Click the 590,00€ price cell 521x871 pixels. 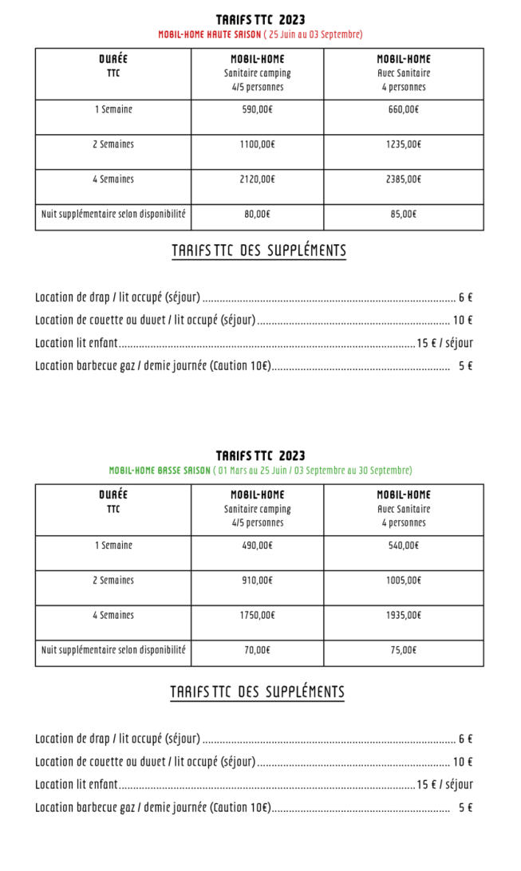click(257, 110)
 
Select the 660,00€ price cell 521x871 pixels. click(403, 110)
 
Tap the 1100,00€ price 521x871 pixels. click(257, 145)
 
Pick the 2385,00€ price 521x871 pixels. click(403, 179)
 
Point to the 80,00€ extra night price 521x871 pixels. click(257, 215)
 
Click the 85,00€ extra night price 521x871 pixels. click(403, 215)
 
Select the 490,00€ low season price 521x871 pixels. click(257, 546)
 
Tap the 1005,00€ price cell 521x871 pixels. click(403, 581)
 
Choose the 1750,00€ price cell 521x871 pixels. click(257, 616)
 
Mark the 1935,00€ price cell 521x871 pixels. click(403, 616)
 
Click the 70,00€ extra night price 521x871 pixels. click(257, 651)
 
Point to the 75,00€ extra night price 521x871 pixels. click(403, 651)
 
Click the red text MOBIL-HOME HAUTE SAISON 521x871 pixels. click(209, 34)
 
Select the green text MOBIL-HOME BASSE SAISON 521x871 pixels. click(160, 471)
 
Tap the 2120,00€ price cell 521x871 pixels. click(257, 179)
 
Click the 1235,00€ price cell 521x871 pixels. click(403, 145)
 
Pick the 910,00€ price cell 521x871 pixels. click(257, 581)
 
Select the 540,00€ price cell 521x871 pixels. click(403, 546)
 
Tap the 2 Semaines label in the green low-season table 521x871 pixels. click(112, 581)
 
